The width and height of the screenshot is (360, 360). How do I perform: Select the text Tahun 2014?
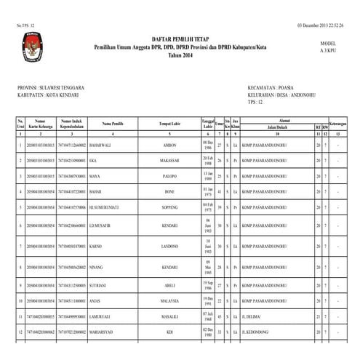[180, 56]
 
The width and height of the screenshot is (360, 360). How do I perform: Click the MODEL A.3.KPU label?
[328, 47]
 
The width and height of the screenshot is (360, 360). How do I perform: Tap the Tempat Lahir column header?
[169, 124]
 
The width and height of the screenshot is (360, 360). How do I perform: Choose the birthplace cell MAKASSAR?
[169, 161]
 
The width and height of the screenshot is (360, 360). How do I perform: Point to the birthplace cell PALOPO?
[169, 176]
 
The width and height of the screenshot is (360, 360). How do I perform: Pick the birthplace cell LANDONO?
[169, 247]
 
